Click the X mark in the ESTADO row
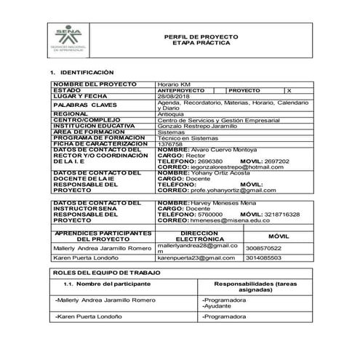point(289,90)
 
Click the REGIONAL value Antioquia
point(171,113)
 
